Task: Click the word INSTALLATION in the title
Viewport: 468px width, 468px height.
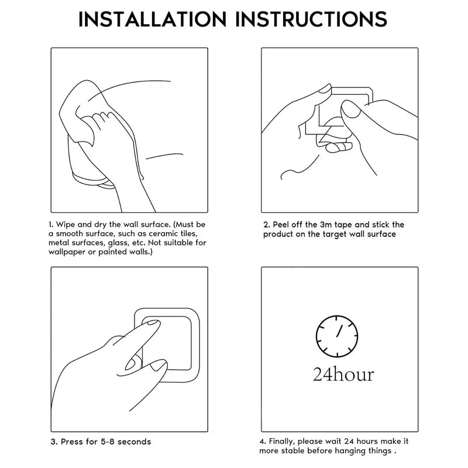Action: [x=153, y=19]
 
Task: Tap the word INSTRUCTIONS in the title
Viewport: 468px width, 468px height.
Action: [x=312, y=19]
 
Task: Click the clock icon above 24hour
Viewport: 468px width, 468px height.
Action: [x=337, y=336]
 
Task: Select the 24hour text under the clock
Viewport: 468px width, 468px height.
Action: [x=343, y=374]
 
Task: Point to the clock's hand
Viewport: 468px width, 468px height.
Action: [x=339, y=331]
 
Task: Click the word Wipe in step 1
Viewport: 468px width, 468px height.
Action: [x=66, y=225]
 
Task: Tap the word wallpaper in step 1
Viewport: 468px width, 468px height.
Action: [x=67, y=252]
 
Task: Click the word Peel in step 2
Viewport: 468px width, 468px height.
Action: [x=281, y=225]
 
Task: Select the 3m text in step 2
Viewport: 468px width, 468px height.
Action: [x=326, y=225]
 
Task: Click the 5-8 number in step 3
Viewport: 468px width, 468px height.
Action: [x=108, y=442]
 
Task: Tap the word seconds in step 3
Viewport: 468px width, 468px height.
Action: [x=135, y=442]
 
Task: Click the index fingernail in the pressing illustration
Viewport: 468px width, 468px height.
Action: [x=152, y=322]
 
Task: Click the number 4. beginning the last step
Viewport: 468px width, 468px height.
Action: [x=263, y=442]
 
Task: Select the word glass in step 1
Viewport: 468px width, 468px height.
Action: [x=118, y=243]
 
